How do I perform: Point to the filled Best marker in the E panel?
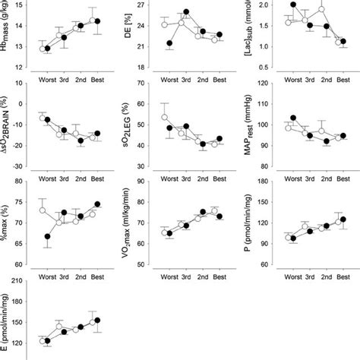[97, 321]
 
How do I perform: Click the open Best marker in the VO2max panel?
[215, 211]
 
